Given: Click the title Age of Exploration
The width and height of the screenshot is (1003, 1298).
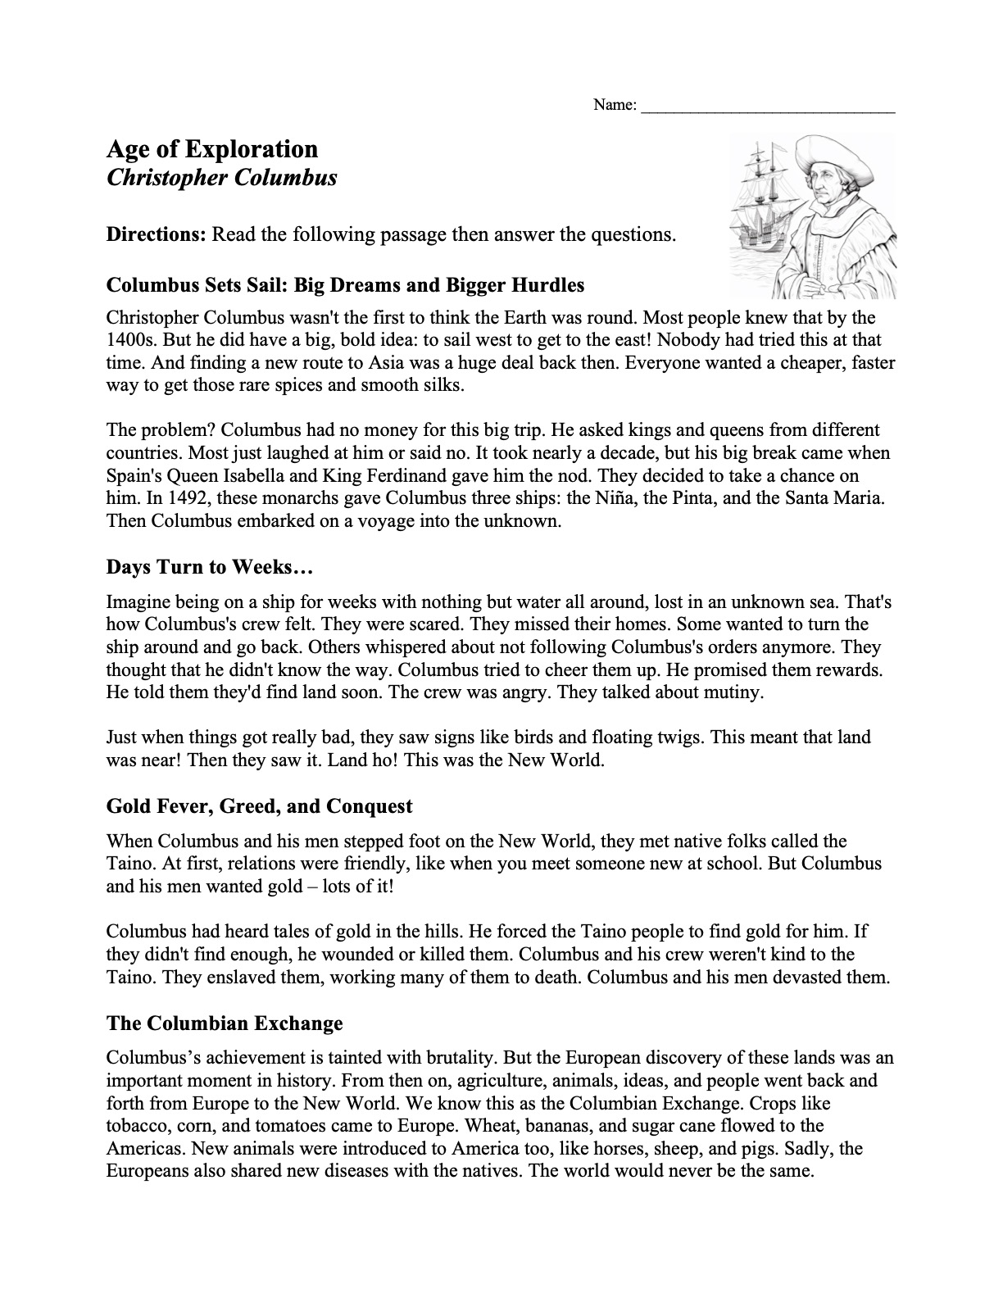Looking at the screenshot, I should [212, 149].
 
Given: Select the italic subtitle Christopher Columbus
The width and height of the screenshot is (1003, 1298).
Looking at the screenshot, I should [221, 177].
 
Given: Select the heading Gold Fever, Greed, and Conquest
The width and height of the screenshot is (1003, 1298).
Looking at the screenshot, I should [259, 806].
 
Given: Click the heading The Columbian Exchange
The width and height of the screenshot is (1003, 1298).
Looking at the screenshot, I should [225, 1023].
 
